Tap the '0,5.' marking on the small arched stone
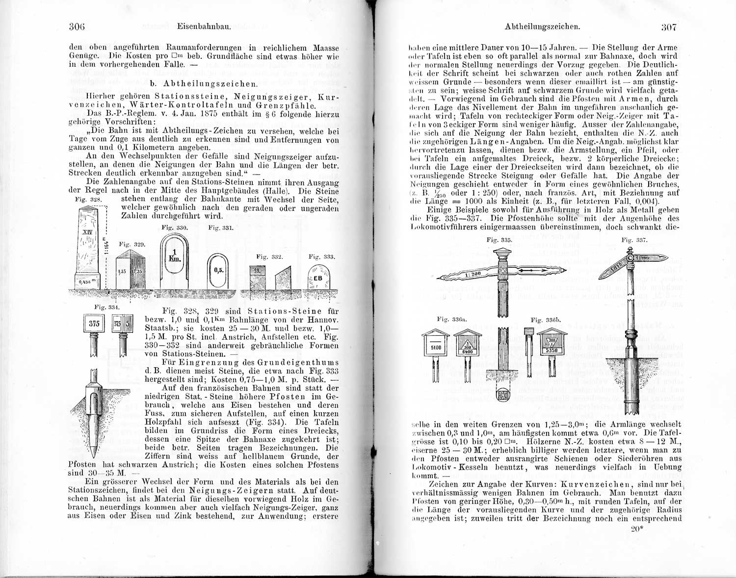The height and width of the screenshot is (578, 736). click(x=219, y=270)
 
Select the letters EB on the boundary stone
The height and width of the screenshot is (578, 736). click(x=318, y=278)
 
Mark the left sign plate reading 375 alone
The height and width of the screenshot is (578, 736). click(x=94, y=324)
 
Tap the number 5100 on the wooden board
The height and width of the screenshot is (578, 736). click(x=436, y=348)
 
